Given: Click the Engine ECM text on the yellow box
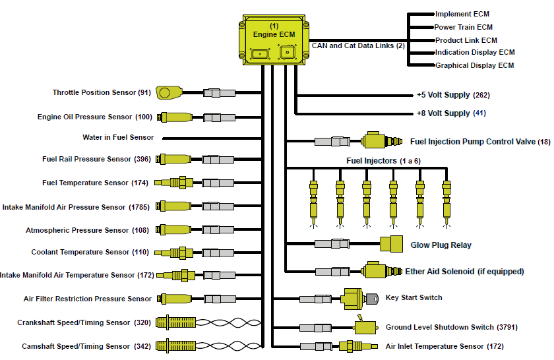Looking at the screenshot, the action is pyautogui.click(x=274, y=34).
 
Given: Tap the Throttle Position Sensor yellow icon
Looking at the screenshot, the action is pyautogui.click(x=169, y=92).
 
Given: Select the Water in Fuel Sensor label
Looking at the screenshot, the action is pyautogui.click(x=118, y=137).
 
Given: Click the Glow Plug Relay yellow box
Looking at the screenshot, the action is pyautogui.click(x=392, y=244).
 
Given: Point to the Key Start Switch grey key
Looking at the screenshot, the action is pyautogui.click(x=372, y=299).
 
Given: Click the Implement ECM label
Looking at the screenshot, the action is pyautogui.click(x=462, y=14).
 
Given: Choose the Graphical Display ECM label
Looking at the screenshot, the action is pyautogui.click(x=474, y=65).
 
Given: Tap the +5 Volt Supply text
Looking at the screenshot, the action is pyautogui.click(x=443, y=95).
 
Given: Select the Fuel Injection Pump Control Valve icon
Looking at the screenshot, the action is pyautogui.click(x=381, y=141).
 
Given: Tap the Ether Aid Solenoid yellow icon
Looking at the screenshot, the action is pyautogui.click(x=381, y=270).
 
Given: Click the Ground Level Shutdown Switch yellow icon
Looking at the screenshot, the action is pyautogui.click(x=365, y=326).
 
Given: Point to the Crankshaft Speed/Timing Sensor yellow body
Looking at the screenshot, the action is pyautogui.click(x=175, y=322).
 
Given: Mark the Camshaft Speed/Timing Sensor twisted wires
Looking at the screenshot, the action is pyautogui.click(x=229, y=346).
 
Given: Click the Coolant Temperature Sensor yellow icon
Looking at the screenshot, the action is pyautogui.click(x=174, y=253).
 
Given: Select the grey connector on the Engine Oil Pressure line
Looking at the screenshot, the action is pyautogui.click(x=219, y=117).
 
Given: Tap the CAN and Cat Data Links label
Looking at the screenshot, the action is pyautogui.click(x=358, y=45).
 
